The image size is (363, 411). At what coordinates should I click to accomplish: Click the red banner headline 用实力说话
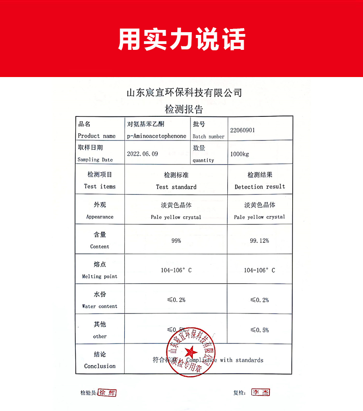(181, 39)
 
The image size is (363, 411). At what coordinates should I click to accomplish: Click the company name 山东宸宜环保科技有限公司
(184, 93)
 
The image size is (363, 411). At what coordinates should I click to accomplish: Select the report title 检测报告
(184, 109)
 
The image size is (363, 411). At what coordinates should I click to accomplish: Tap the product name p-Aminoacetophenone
(157, 136)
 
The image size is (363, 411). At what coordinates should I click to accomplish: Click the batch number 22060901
(242, 130)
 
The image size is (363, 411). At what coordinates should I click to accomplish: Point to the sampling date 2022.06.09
(142, 154)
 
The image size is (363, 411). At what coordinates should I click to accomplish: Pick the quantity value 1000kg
(239, 154)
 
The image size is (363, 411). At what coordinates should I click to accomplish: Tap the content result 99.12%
(260, 241)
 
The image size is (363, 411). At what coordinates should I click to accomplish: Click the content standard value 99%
(176, 241)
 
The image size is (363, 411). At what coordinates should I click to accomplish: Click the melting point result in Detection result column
(260, 270)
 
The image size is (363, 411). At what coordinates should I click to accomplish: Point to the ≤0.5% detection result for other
(260, 330)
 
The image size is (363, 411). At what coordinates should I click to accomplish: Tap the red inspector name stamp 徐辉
(108, 393)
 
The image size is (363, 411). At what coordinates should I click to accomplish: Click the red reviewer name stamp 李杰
(260, 392)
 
